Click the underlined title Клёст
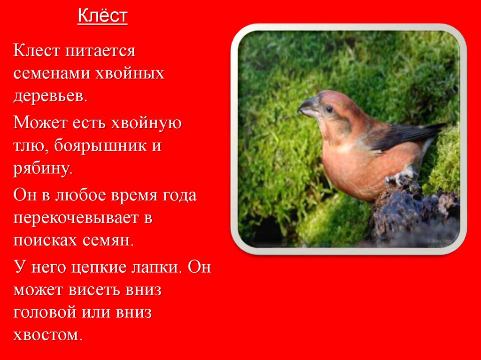[102, 16]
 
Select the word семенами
[51, 74]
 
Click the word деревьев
[50, 97]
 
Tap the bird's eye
[329, 109]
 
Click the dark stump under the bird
[413, 211]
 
